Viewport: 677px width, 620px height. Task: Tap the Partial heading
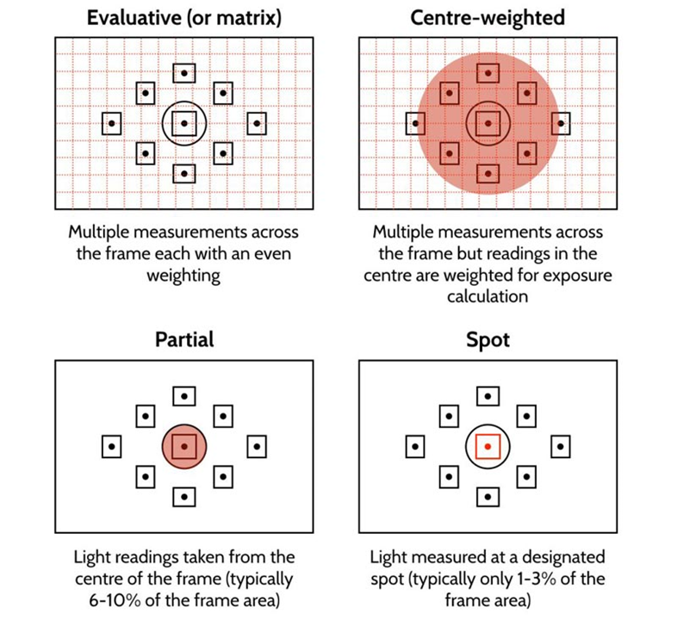click(x=183, y=338)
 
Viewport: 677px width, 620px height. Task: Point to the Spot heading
click(x=488, y=338)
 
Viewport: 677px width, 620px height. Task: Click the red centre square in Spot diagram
click(x=488, y=447)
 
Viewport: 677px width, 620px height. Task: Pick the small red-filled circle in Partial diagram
click(x=183, y=447)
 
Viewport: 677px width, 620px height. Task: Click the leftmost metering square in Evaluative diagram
click(x=112, y=123)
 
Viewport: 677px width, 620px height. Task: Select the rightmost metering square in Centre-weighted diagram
click(x=560, y=124)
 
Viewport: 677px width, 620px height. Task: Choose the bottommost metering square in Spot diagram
click(x=488, y=497)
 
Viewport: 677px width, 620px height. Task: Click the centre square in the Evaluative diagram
click(x=183, y=123)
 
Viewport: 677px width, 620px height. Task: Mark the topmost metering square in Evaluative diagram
click(x=183, y=73)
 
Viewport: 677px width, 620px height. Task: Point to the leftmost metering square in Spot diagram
click(x=415, y=447)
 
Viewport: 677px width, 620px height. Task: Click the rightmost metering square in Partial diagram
click(x=256, y=447)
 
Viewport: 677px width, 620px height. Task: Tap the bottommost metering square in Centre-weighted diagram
click(x=488, y=173)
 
